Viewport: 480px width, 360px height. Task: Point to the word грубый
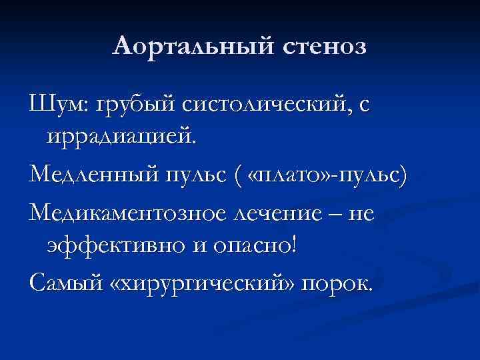point(137,105)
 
